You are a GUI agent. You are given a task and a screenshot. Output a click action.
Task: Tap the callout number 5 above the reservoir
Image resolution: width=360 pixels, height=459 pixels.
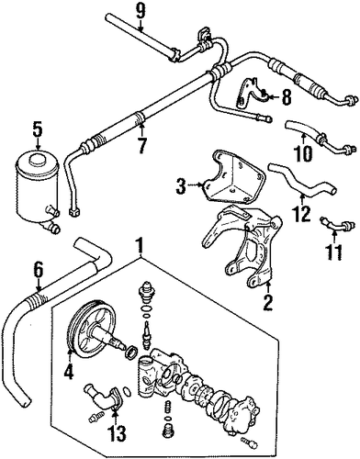[37, 130]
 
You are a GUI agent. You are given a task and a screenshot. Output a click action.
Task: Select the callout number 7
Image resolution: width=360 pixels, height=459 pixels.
[141, 145]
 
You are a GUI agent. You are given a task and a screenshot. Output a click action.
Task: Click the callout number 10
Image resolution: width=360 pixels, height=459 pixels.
[304, 153]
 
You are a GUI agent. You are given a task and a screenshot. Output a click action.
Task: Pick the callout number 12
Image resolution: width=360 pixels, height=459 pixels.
[301, 213]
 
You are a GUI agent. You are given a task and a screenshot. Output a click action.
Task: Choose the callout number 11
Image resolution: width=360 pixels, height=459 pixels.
[334, 252]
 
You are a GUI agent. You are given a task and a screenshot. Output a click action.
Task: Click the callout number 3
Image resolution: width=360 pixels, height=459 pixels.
[181, 185]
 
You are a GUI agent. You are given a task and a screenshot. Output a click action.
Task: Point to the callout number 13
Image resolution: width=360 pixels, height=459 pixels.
[118, 433]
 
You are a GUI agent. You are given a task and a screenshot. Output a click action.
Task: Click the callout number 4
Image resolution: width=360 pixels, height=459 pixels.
[69, 371]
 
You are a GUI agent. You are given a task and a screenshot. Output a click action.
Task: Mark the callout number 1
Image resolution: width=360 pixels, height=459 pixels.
[140, 246]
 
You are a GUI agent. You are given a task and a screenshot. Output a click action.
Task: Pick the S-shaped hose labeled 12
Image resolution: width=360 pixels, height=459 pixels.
[301, 181]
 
